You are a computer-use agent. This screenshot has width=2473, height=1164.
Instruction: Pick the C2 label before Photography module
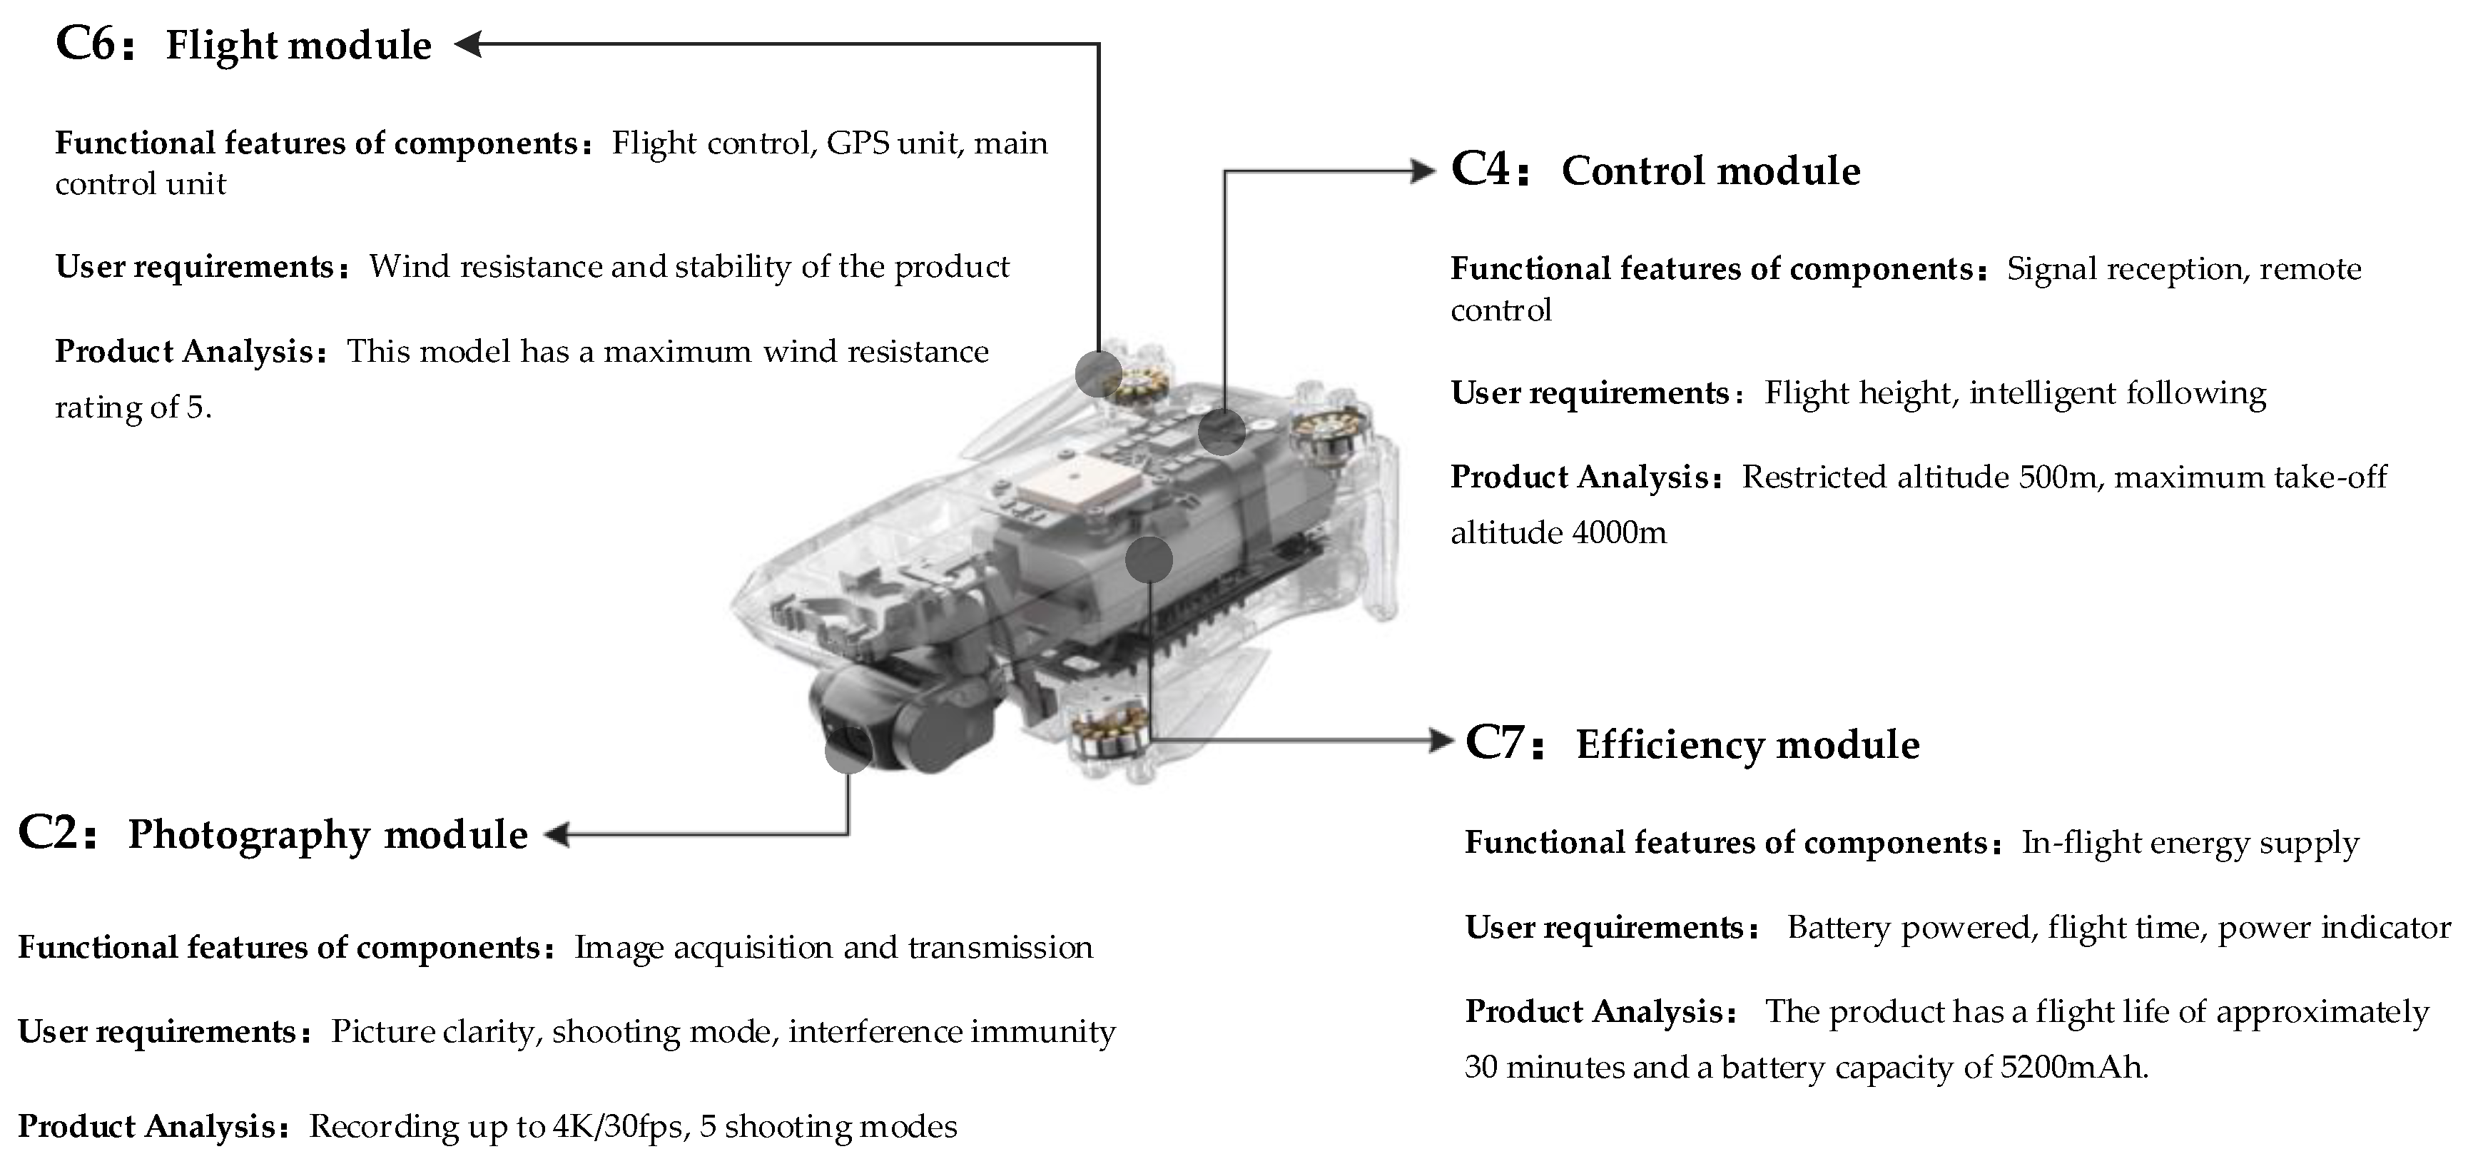[49, 834]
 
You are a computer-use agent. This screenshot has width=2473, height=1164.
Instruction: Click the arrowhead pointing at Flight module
[467, 44]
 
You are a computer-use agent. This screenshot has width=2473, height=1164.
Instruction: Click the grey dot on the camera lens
[848, 749]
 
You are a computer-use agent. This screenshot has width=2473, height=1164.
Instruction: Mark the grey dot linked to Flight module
[1098, 373]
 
